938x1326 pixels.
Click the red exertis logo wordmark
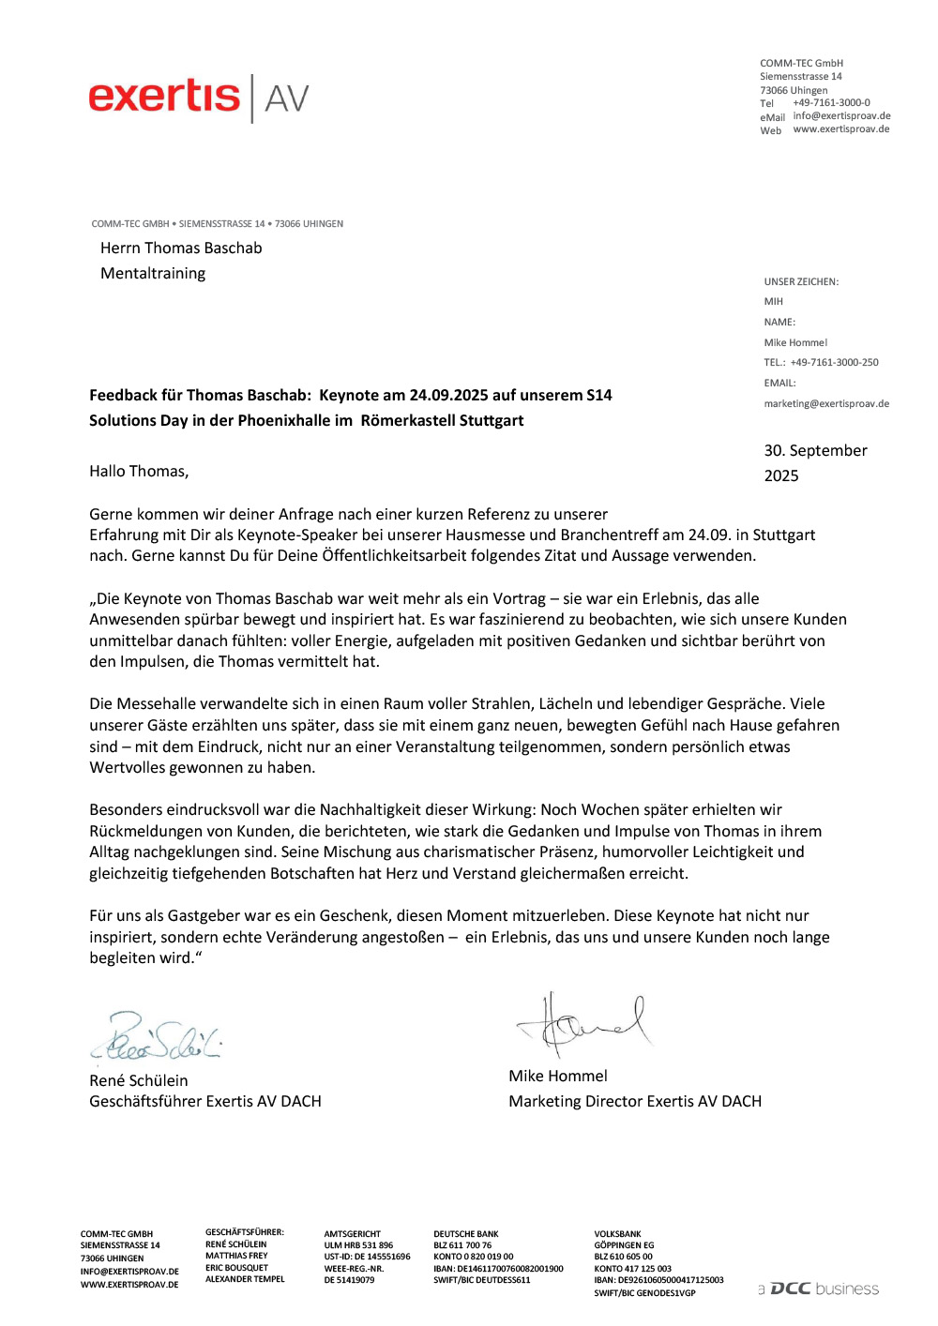(x=164, y=97)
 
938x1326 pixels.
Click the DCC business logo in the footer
(x=819, y=1289)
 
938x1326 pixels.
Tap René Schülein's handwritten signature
(x=158, y=1037)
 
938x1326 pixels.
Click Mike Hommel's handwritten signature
(x=583, y=1024)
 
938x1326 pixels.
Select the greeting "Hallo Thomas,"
(x=139, y=472)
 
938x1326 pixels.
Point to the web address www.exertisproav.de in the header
(x=840, y=129)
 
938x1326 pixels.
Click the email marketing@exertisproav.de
(x=826, y=404)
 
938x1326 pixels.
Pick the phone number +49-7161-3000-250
(x=834, y=363)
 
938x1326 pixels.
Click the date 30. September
(x=815, y=451)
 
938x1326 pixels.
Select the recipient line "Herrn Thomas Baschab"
(x=181, y=249)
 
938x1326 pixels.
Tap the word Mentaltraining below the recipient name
(x=153, y=274)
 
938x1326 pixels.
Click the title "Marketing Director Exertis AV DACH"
(x=635, y=1102)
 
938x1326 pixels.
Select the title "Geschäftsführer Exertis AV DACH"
(x=205, y=1102)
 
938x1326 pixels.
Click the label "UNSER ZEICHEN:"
(x=801, y=282)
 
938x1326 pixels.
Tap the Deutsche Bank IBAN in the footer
(x=498, y=1269)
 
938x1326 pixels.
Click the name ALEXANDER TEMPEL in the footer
(x=245, y=1279)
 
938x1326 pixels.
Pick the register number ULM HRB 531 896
(x=358, y=1245)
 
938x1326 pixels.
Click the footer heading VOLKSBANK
(x=617, y=1235)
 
